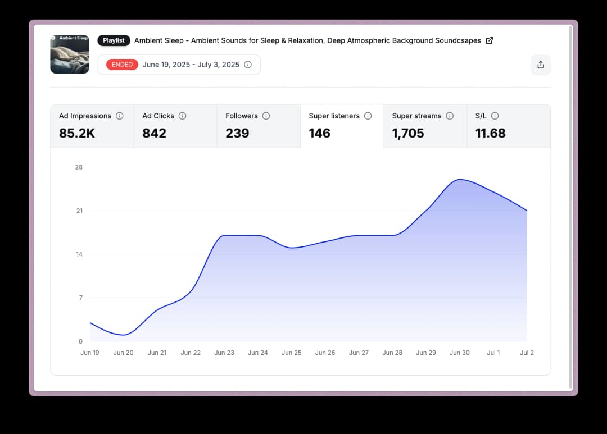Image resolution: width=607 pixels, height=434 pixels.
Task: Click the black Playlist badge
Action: (x=114, y=40)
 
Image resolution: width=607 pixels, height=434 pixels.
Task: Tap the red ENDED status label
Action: (x=122, y=65)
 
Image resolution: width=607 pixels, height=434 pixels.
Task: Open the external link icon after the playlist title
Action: (x=489, y=40)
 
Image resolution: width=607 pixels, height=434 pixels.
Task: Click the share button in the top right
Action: (x=541, y=65)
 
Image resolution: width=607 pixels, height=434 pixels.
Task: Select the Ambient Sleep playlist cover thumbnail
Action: (x=70, y=54)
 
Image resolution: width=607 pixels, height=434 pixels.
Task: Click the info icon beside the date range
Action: (x=248, y=65)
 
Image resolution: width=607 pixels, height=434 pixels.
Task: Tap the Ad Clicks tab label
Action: (x=158, y=116)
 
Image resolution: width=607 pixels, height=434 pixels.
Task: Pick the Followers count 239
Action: (x=237, y=133)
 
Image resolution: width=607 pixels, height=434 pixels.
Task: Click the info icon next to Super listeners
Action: (x=368, y=116)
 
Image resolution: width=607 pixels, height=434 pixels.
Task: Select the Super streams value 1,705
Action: (x=408, y=133)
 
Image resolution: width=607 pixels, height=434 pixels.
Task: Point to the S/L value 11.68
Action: (x=490, y=133)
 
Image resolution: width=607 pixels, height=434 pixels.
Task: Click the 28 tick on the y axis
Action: (x=79, y=167)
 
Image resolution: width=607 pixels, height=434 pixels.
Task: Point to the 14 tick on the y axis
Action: (x=79, y=254)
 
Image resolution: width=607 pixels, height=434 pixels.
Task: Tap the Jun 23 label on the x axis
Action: (x=224, y=353)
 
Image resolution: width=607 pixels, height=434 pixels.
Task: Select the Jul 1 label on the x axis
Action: (x=493, y=353)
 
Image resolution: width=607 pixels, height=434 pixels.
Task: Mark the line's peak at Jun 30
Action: (x=460, y=180)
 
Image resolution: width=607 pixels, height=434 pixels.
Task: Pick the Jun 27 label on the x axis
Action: (x=359, y=353)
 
